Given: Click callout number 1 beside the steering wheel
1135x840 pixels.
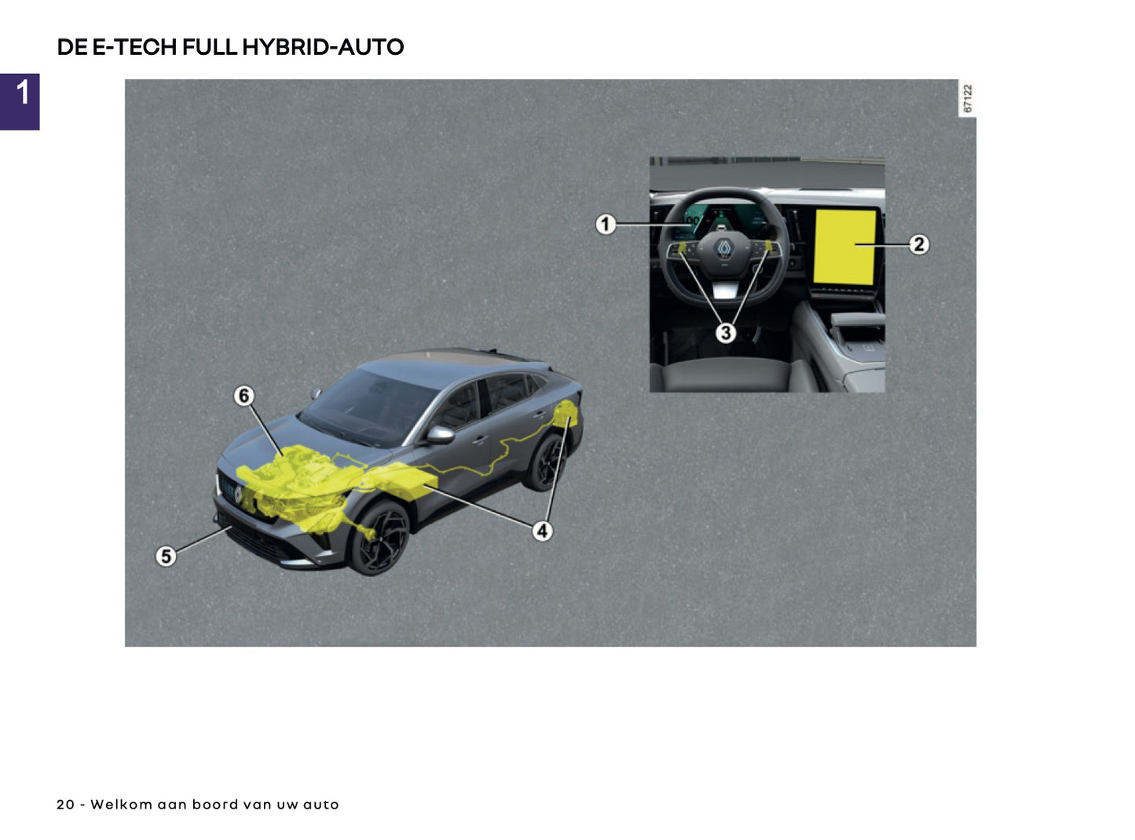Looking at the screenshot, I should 605,225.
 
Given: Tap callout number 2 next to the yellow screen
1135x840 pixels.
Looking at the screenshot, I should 919,245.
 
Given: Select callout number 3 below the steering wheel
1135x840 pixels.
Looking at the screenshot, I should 726,333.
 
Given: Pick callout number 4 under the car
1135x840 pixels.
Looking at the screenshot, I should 542,531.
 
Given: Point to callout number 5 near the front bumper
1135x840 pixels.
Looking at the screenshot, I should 166,557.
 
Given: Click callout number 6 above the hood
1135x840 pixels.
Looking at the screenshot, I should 244,396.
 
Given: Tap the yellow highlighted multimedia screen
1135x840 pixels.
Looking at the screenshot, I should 844,247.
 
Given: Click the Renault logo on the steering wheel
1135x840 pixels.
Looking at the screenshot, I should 723,250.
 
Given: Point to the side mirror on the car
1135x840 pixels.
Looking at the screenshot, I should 440,434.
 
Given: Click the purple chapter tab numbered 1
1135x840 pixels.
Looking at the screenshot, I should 20,101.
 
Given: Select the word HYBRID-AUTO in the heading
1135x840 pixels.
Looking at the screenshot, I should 323,47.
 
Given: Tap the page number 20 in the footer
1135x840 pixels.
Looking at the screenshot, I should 65,805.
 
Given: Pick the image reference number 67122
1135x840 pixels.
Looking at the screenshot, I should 968,99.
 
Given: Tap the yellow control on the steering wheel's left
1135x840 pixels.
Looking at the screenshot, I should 683,249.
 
